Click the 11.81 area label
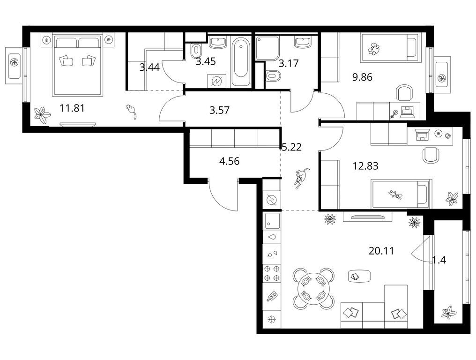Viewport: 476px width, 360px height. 72,108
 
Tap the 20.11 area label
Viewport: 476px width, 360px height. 381,251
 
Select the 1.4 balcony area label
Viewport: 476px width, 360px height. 439,260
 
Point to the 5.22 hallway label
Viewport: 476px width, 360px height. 292,147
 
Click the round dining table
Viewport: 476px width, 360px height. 313,289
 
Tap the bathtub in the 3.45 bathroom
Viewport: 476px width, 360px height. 241,62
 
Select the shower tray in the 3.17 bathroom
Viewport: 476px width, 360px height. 268,48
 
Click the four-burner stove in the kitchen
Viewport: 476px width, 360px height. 272,273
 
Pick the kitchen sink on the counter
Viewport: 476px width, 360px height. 272,221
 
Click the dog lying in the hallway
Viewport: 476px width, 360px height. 301,178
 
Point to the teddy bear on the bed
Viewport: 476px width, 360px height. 395,194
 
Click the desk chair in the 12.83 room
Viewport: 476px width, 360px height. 431,155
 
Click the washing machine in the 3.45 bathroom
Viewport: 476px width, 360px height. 217,81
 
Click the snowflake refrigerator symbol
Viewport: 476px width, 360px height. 271,319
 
